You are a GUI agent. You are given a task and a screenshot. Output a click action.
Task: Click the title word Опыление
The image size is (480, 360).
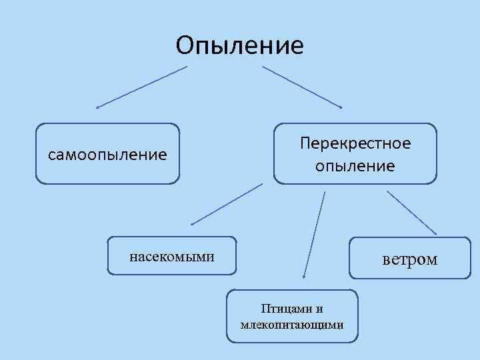pyautogui.click(x=239, y=45)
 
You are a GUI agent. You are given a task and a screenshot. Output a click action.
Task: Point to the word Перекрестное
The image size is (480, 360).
pyautogui.click(x=355, y=143)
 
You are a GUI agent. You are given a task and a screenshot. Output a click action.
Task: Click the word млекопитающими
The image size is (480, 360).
pyautogui.click(x=292, y=325)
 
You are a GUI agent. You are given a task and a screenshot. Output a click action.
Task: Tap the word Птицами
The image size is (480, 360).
pyautogui.click(x=283, y=309)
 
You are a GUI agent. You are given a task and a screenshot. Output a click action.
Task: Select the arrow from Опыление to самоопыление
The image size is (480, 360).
pyautogui.click(x=141, y=87)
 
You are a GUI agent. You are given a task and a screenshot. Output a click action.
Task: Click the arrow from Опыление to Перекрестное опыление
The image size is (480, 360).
pyautogui.click(x=301, y=87)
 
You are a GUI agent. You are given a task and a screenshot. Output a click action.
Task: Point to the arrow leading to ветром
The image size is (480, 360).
pyautogui.click(x=411, y=213)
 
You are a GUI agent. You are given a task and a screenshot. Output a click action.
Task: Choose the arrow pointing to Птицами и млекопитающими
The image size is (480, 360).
pyautogui.click(x=314, y=233)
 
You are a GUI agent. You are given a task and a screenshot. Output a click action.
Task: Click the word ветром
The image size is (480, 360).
pyautogui.click(x=410, y=259)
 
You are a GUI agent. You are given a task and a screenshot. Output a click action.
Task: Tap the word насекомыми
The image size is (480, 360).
pyautogui.click(x=172, y=256)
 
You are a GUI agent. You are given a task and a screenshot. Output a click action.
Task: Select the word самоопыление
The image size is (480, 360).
pyautogui.click(x=107, y=155)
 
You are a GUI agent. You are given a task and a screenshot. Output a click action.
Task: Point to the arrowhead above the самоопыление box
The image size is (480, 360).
pyautogui.click(x=97, y=107)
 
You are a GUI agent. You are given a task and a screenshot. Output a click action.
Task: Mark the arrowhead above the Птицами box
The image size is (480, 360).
pyautogui.click(x=304, y=275)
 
